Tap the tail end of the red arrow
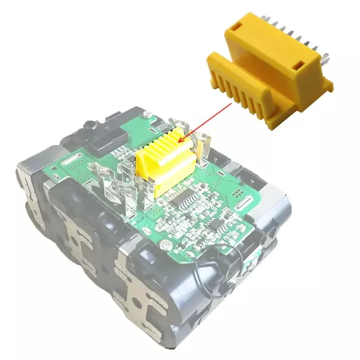(x=232, y=104)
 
